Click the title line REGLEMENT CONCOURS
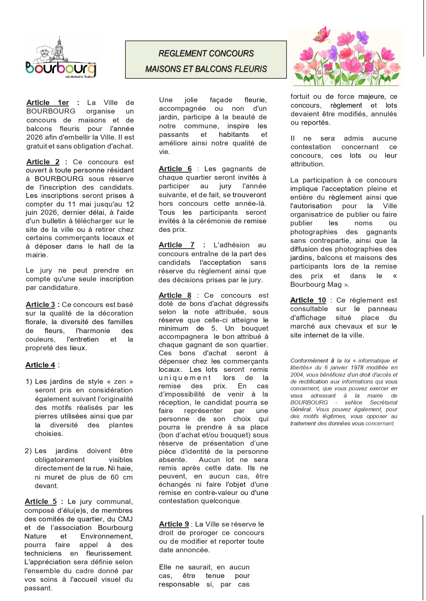click(206, 54)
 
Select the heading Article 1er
click(47, 103)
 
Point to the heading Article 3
click(40, 305)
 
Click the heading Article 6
click(175, 169)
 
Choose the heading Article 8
click(175, 295)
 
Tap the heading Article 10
click(308, 300)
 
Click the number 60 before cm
click(114, 477)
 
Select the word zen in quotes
click(120, 381)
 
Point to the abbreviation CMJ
click(125, 519)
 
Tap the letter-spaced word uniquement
click(185, 378)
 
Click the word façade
click(221, 100)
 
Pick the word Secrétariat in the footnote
click(383, 402)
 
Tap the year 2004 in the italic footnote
click(297, 375)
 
